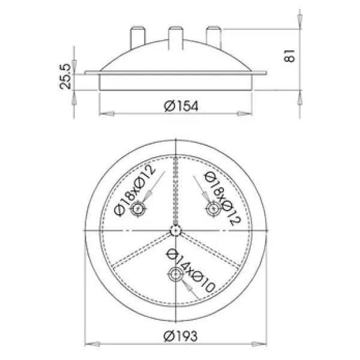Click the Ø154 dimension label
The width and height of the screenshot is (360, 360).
(x=181, y=106)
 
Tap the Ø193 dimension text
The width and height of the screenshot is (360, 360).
(x=181, y=336)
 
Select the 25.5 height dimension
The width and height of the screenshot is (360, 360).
(x=65, y=76)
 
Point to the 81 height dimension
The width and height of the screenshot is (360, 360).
(x=289, y=56)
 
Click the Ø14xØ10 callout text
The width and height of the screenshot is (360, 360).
(x=190, y=270)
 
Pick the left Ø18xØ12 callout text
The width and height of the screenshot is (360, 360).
(x=135, y=191)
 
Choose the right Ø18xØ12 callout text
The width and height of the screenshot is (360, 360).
(x=222, y=198)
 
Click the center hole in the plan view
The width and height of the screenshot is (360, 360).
(x=176, y=230)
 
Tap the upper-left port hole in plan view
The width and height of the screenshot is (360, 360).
(x=138, y=209)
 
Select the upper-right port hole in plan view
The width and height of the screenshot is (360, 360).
(x=214, y=209)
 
